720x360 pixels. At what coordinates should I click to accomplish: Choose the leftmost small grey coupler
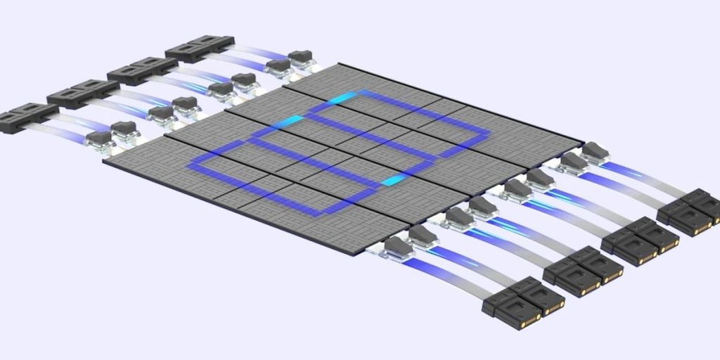coord(98,139)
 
